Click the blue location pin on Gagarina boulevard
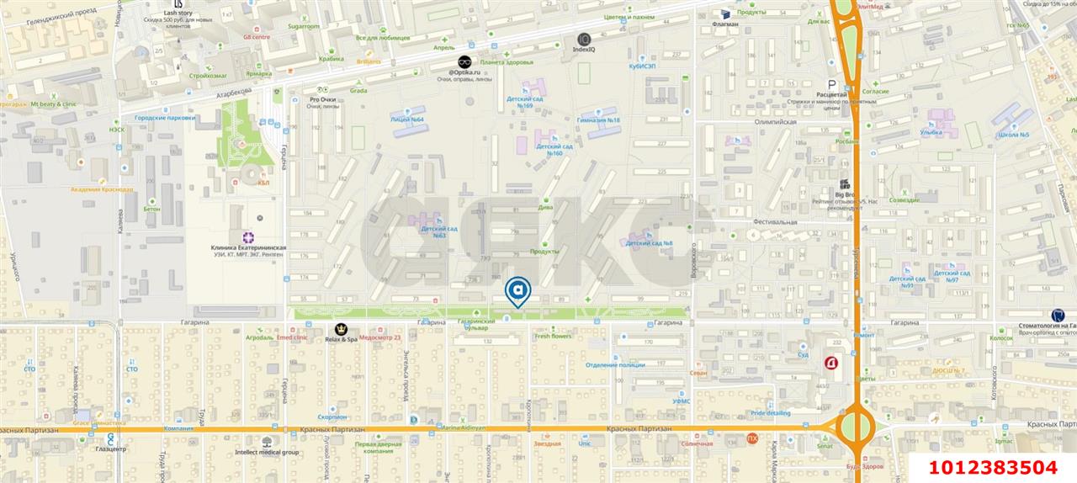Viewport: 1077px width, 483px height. pos(517,291)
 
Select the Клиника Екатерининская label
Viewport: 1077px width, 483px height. pos(249,248)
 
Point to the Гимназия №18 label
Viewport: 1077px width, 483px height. pos(598,120)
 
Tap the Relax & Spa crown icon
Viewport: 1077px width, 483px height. pos(341,327)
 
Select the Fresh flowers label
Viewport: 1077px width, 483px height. pos(553,337)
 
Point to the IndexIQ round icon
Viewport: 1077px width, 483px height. pos(584,39)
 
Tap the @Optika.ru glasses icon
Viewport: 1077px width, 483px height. pos(464,61)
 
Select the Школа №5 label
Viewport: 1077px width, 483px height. pos(1012,135)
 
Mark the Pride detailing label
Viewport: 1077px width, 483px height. pos(770,413)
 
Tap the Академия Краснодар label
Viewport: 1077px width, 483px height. pos(102,189)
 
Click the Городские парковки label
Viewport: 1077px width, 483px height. pos(165,118)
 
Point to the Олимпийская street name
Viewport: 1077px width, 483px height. pos(774,122)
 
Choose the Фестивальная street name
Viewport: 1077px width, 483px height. pos(774,222)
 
